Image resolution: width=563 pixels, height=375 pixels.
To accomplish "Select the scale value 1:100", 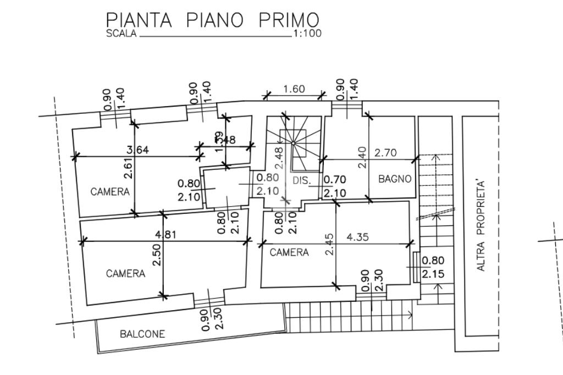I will coord(308,34).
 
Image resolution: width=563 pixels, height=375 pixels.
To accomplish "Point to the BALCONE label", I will coord(142,334).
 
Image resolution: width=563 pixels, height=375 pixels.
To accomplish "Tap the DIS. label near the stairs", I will coord(302,180).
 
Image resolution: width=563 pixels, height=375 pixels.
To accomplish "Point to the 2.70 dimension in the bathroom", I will coord(385,153).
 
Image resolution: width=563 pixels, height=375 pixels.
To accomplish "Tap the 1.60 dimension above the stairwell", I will coord(294,89).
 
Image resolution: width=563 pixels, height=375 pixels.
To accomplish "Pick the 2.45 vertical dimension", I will coord(329,244).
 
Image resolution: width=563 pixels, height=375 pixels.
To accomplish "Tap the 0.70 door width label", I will coord(334,180).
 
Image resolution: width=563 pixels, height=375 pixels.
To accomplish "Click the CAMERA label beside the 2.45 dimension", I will coord(289,253).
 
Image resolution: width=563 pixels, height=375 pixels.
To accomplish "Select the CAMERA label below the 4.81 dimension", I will coord(126,273).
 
